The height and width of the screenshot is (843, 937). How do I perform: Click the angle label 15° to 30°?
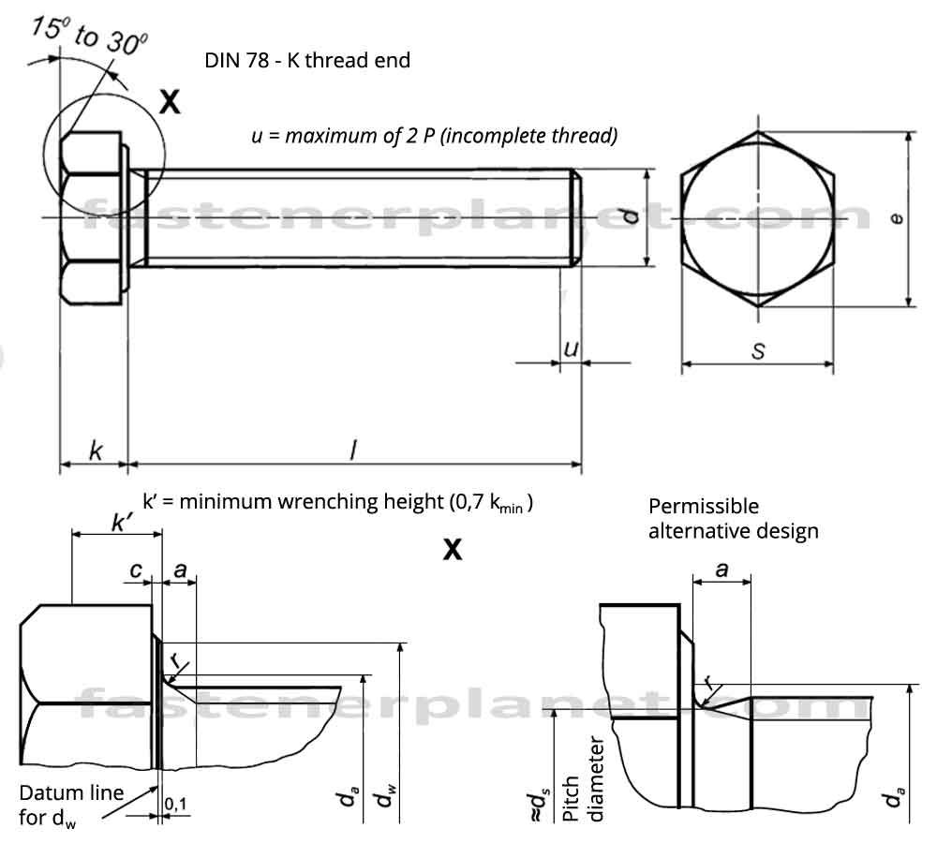pos(88,35)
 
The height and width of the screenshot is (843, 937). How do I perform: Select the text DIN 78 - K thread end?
pos(307,61)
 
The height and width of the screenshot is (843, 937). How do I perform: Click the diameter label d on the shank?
pos(632,217)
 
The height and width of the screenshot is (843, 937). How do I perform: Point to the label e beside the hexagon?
pos(897,218)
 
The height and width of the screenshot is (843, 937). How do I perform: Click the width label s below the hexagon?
pos(759,352)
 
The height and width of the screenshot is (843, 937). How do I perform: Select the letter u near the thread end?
pos(570,349)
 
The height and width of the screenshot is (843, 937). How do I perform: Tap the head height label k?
pos(96,451)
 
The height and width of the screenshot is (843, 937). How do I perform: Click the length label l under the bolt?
pos(352,451)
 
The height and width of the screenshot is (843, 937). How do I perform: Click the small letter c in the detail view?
pos(137,569)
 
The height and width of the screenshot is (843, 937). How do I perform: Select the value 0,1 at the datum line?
pos(175,803)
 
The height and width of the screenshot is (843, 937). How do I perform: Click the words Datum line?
pos(71,793)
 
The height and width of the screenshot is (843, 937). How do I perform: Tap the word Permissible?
pos(704,507)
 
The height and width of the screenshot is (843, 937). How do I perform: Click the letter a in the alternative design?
pos(721,569)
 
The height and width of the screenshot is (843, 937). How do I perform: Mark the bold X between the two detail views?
pos(452,550)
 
